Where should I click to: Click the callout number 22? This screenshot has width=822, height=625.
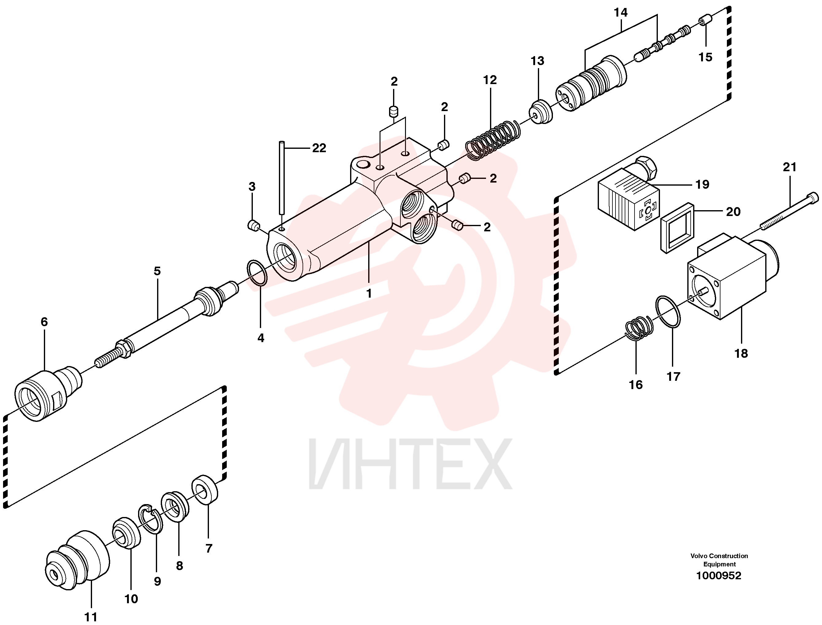(x=319, y=148)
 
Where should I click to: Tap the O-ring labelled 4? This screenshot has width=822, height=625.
(x=257, y=273)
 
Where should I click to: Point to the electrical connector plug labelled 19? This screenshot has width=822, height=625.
(x=629, y=195)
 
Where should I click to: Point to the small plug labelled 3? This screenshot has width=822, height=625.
(x=254, y=226)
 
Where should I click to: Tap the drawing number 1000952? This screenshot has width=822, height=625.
(x=718, y=576)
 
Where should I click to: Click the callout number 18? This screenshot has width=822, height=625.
(x=741, y=353)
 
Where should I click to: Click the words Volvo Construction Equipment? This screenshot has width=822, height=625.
(x=719, y=560)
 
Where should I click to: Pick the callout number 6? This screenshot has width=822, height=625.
(x=44, y=322)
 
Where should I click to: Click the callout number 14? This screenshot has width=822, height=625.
(x=620, y=12)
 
